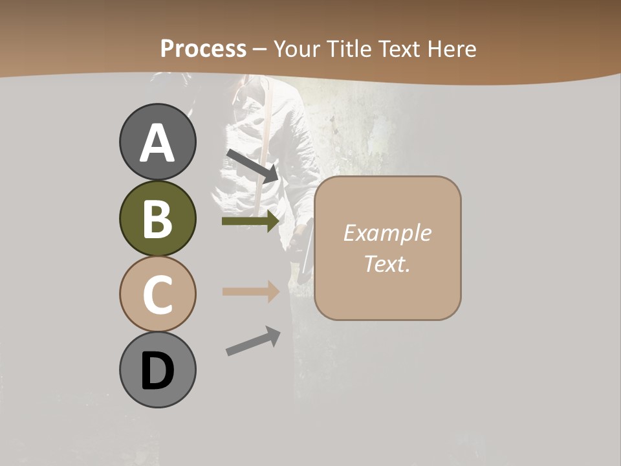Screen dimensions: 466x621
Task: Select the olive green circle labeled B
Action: tap(157, 219)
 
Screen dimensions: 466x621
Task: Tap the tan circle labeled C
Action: tap(157, 294)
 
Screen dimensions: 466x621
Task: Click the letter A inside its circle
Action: tap(157, 144)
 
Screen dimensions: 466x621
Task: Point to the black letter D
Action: tap(157, 372)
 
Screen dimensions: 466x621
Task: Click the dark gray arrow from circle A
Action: tap(252, 165)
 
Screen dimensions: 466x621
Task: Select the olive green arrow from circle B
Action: tap(250, 221)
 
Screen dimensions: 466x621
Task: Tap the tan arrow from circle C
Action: tap(250, 291)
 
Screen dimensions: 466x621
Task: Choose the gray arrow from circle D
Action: tap(253, 341)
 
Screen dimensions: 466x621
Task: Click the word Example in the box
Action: tap(387, 233)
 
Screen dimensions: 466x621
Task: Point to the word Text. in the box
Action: tap(387, 263)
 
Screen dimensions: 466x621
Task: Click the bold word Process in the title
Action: tap(203, 49)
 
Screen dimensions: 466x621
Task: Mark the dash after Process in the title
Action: tap(260, 49)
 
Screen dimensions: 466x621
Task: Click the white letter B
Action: tap(157, 219)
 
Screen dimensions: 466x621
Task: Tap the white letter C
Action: tap(157, 294)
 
